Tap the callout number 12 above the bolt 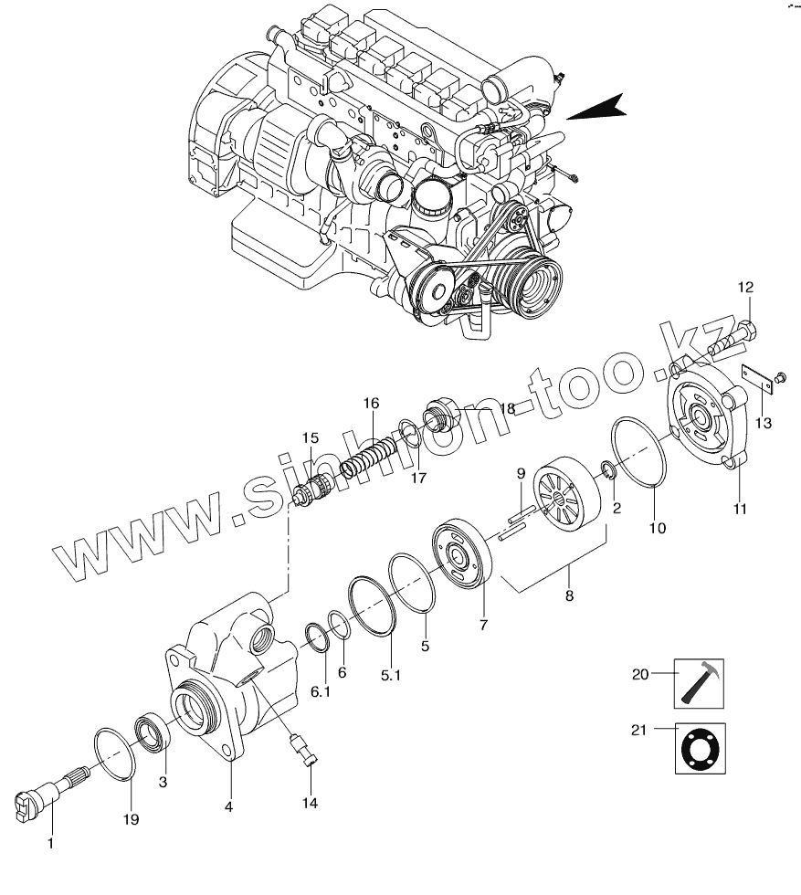pyautogui.click(x=745, y=289)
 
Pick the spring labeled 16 pyautogui.click(x=369, y=457)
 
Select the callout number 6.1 pyautogui.click(x=320, y=692)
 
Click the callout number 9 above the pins pyautogui.click(x=520, y=473)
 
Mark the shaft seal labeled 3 pyautogui.click(x=151, y=732)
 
